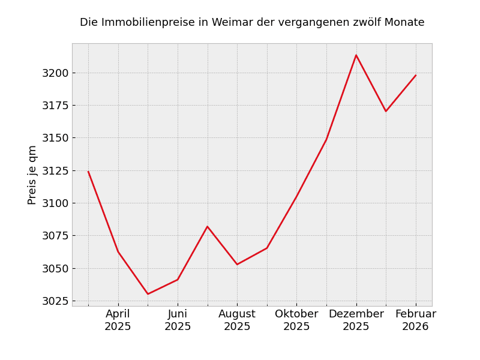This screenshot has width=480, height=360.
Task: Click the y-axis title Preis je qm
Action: coord(32,175)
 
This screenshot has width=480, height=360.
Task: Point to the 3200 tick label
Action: coord(55,73)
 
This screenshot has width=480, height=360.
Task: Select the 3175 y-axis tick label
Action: coord(55,106)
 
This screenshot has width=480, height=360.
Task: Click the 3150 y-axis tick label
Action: coord(55,138)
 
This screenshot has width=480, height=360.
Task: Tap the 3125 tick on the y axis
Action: coord(55,171)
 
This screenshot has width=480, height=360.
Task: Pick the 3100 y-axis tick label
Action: coord(55,203)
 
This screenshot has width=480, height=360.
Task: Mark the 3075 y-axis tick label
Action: coord(55,236)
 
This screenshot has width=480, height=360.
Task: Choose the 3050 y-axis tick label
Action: coord(55,268)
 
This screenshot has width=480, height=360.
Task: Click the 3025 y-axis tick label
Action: coord(55,301)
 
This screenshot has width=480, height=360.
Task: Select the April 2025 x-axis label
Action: coord(118,320)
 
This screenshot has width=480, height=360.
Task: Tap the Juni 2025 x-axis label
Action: coord(178,320)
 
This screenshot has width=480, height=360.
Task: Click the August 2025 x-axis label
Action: coord(237,320)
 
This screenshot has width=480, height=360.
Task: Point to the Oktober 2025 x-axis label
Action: coord(296,320)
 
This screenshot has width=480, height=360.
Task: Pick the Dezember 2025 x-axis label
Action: coord(356,320)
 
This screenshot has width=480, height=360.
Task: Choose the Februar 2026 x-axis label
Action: coord(415,320)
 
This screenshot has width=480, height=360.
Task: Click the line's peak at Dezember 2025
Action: coord(356,55)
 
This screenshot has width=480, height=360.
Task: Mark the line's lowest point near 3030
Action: coord(148,294)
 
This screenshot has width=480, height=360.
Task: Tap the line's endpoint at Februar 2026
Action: coord(415,76)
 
